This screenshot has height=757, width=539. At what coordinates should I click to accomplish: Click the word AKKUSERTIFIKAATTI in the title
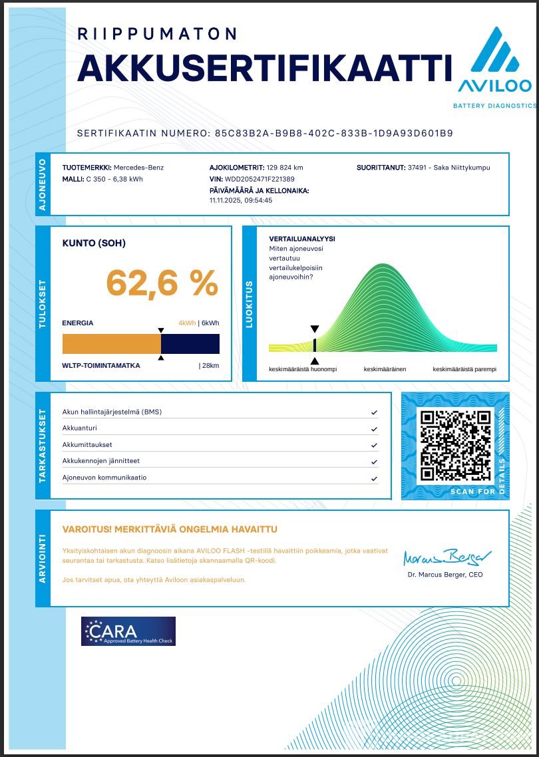point(260,68)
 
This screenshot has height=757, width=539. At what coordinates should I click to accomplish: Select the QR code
point(456,446)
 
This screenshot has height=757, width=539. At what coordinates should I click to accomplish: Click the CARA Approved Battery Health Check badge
point(128,631)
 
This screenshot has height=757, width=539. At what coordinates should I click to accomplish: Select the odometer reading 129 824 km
point(275,168)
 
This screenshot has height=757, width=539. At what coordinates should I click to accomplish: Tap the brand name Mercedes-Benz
point(138,168)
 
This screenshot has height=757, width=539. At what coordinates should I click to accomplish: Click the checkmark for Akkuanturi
point(374,429)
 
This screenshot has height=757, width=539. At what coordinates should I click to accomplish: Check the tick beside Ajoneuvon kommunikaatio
point(374,478)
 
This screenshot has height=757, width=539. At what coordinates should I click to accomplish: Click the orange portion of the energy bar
point(111,344)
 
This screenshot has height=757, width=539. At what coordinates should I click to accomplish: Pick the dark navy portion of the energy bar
point(190,344)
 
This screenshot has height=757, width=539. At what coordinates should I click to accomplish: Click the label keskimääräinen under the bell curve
point(385,369)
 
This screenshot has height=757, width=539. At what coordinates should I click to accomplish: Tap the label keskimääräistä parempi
point(464,369)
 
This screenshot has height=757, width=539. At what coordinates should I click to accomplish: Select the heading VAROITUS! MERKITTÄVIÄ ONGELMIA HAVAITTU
point(170,530)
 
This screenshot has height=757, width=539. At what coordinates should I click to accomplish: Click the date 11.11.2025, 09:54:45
point(241,200)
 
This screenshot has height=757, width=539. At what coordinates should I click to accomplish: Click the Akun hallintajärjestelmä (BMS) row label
point(112,412)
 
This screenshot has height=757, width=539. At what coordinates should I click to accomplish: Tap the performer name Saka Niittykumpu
point(461,168)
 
